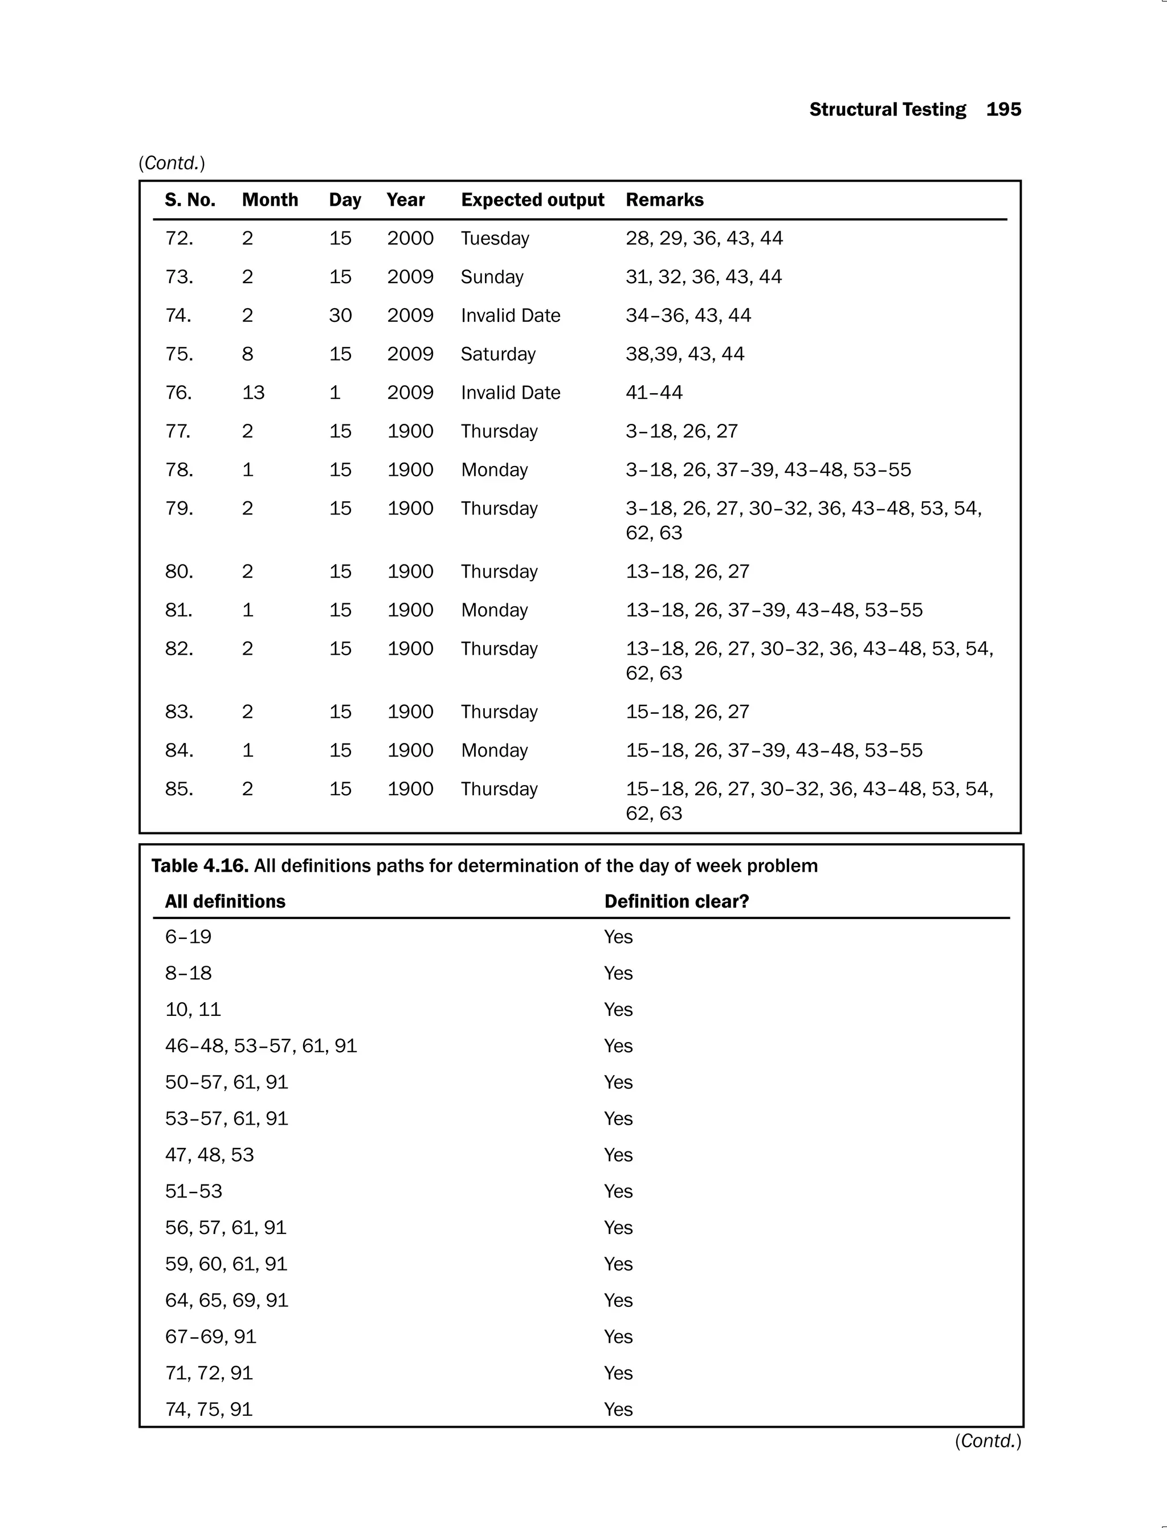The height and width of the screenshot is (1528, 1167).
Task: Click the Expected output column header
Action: coord(532,200)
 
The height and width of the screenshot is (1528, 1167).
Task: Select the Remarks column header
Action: coord(664,200)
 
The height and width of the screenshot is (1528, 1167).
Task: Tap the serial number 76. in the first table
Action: coord(178,393)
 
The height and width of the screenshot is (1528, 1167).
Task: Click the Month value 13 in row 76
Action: coord(253,393)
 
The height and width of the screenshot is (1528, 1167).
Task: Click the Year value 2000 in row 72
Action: coord(410,239)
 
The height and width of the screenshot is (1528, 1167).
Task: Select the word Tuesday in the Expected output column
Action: coord(495,239)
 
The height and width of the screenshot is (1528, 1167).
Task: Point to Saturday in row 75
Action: coord(498,354)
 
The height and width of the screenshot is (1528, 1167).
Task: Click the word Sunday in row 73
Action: coord(492,277)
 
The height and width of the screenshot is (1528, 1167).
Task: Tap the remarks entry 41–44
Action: coord(654,393)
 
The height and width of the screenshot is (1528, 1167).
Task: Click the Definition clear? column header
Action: coord(676,901)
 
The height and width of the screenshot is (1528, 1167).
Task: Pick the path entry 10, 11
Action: coord(193,1010)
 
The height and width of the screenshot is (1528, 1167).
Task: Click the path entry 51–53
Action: coord(193,1191)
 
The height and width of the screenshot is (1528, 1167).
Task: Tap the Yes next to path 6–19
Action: coord(618,938)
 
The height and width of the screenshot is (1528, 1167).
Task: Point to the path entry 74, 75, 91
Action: coord(209,1409)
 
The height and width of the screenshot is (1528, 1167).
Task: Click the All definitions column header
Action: coord(225,901)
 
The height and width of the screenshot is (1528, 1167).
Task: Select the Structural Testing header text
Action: coord(887,110)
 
